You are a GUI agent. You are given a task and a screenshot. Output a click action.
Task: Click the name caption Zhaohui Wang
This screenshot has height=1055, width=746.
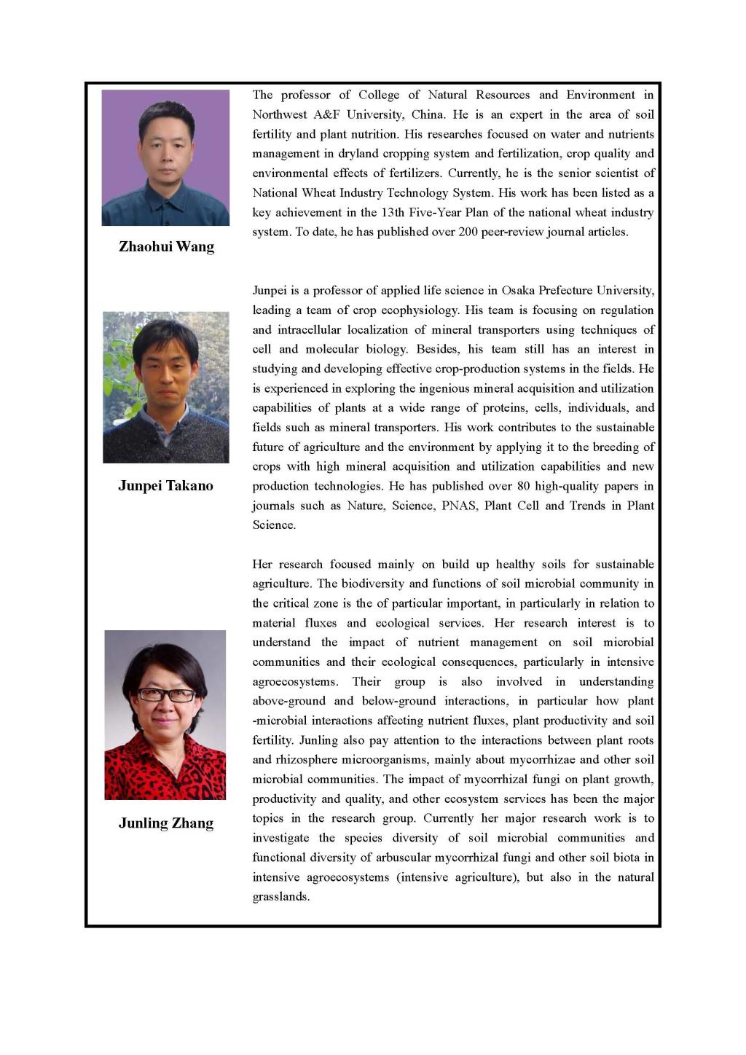[166, 247]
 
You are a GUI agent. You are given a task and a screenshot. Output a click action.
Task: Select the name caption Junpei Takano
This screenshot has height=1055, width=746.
[165, 486]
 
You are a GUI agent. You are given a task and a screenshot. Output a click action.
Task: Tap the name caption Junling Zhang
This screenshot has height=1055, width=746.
[166, 823]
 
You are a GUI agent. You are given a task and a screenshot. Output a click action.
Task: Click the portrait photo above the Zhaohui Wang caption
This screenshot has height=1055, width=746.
[165, 157]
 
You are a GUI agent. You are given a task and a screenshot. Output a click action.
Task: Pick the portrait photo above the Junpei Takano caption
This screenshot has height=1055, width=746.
[165, 387]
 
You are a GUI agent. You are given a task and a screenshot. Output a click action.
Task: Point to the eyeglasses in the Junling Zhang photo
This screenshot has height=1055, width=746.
[166, 695]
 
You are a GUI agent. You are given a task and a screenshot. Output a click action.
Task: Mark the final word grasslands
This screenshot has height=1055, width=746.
[280, 897]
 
